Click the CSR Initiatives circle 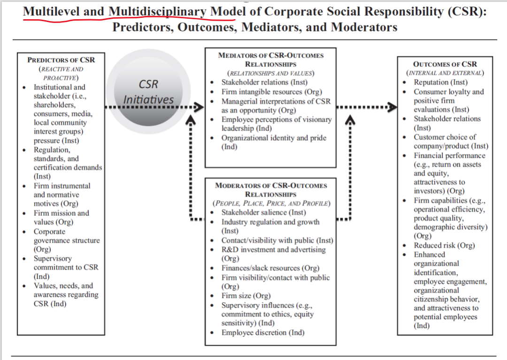[148, 92]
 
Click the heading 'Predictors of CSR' [61, 60]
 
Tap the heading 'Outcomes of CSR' [445, 64]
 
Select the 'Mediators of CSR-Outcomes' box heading [271, 60]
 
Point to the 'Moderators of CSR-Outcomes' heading [271, 190]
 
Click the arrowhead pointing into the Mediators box [199, 107]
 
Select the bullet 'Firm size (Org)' [248, 296]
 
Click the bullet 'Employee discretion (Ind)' [263, 332]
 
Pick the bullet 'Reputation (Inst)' [440, 83]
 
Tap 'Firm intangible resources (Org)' [272, 92]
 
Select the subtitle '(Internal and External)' [445, 73]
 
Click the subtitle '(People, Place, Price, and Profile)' [271, 204]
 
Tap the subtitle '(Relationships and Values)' [271, 73]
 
